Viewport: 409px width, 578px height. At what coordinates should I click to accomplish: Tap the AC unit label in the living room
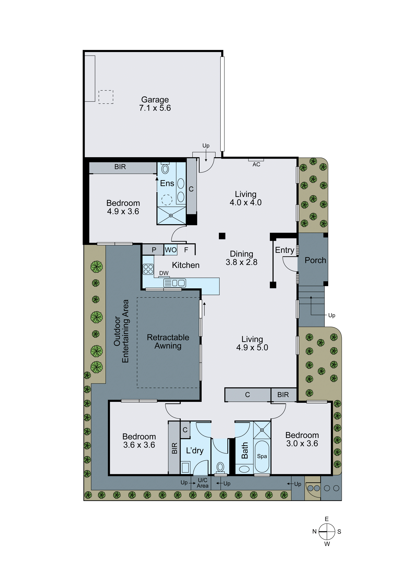(x=256, y=164)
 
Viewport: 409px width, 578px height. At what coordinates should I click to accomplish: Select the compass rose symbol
(x=327, y=531)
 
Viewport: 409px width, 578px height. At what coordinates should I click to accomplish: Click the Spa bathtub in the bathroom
(x=262, y=456)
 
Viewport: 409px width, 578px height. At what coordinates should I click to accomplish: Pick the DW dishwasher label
(x=164, y=273)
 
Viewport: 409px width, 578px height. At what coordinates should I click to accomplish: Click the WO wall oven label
(x=171, y=250)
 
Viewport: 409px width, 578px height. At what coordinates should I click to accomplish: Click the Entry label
(x=285, y=250)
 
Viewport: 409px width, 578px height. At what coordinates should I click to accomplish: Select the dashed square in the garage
(x=106, y=97)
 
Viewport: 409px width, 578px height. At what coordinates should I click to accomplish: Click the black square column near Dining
(x=222, y=236)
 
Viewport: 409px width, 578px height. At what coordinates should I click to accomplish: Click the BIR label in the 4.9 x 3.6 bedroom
(x=120, y=167)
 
